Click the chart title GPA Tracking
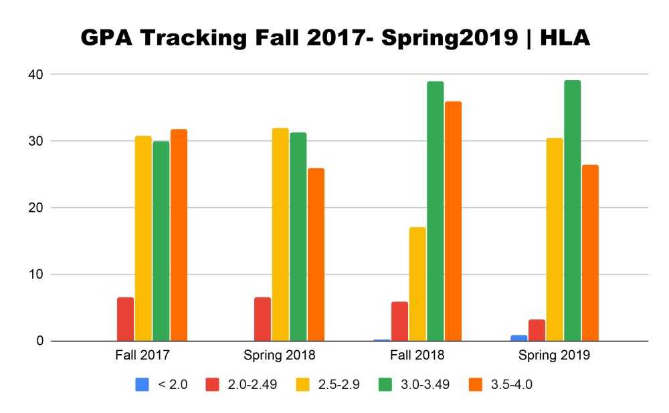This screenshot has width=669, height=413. tap(334, 38)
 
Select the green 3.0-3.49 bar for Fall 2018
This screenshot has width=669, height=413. tap(436, 211)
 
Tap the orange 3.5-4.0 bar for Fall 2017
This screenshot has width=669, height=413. tap(179, 235)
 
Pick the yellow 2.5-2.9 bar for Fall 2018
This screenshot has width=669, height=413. tap(417, 284)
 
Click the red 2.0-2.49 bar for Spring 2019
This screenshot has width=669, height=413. tap(537, 330)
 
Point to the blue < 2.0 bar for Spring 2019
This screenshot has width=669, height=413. tap(519, 338)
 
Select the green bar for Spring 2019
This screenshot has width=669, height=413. tap(572, 211)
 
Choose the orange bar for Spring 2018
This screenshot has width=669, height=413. tap(316, 255)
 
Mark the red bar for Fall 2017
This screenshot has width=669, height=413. tap(125, 319)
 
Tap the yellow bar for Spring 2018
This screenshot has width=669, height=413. tap(280, 235)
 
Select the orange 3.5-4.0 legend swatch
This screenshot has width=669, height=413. tap(482, 384)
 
